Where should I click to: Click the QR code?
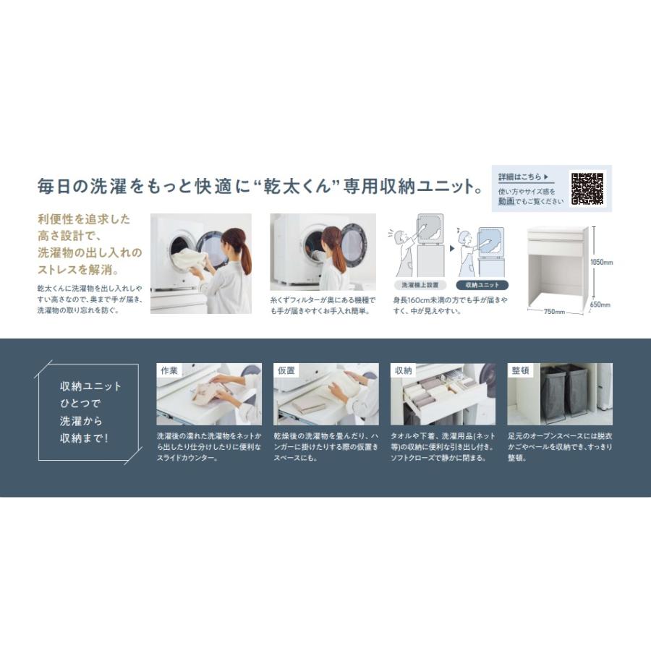[587, 188]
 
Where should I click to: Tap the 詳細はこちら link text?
[519, 177]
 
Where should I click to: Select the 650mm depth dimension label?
[600, 305]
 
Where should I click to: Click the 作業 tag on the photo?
[168, 370]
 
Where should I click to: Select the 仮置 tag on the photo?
[286, 370]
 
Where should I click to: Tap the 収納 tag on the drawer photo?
[403, 370]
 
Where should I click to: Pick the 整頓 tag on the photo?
[520, 370]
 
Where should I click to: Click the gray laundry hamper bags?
[564, 391]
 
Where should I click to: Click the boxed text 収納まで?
[84, 438]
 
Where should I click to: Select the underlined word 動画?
[506, 201]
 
